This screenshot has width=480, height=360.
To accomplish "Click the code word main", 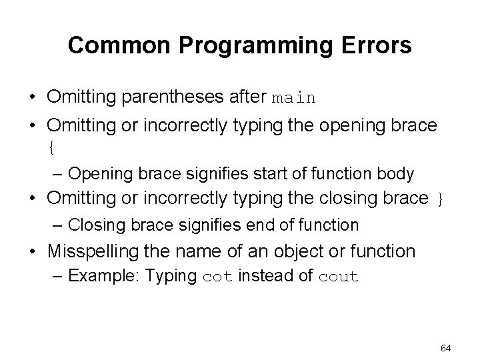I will (294, 98).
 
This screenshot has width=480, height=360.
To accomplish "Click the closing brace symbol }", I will (439, 199).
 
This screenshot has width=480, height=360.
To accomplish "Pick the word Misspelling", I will (91, 251).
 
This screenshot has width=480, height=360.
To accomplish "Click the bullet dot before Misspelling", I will (33, 252).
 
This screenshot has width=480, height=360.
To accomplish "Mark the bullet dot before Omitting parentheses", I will (33, 98).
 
